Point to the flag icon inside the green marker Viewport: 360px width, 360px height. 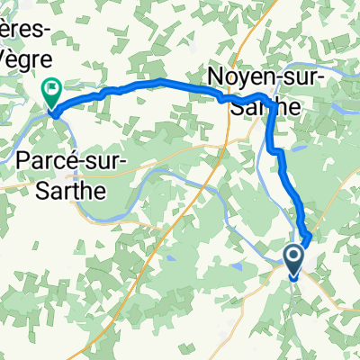pyautogui.click(x=51, y=89)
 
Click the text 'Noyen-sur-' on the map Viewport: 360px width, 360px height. pyautogui.click(x=267, y=77)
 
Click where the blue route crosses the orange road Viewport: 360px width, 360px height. pyautogui.click(x=225, y=100)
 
